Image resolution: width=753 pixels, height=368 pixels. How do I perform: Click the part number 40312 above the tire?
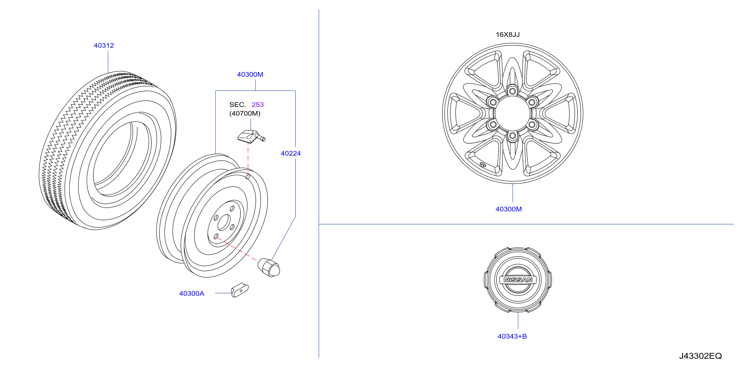[104, 46]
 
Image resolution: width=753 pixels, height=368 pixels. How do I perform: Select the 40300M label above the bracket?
[250, 74]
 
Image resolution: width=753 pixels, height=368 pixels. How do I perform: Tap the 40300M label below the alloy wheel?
[508, 209]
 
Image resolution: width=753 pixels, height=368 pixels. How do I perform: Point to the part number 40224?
[290, 153]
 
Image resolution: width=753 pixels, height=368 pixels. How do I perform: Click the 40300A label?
[191, 294]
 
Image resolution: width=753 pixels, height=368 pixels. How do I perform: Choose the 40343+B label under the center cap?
[512, 337]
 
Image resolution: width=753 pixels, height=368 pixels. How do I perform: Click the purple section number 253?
[257, 105]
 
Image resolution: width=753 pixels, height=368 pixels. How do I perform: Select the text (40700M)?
[245, 113]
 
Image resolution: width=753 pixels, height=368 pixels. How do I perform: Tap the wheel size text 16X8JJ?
[508, 34]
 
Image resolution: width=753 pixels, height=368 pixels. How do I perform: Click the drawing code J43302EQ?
[700, 356]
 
